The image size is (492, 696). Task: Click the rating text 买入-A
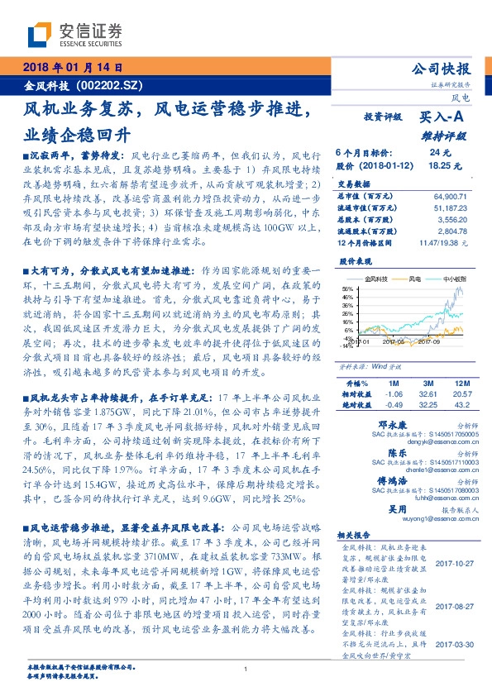point(444,119)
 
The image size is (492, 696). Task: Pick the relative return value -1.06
point(392,394)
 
